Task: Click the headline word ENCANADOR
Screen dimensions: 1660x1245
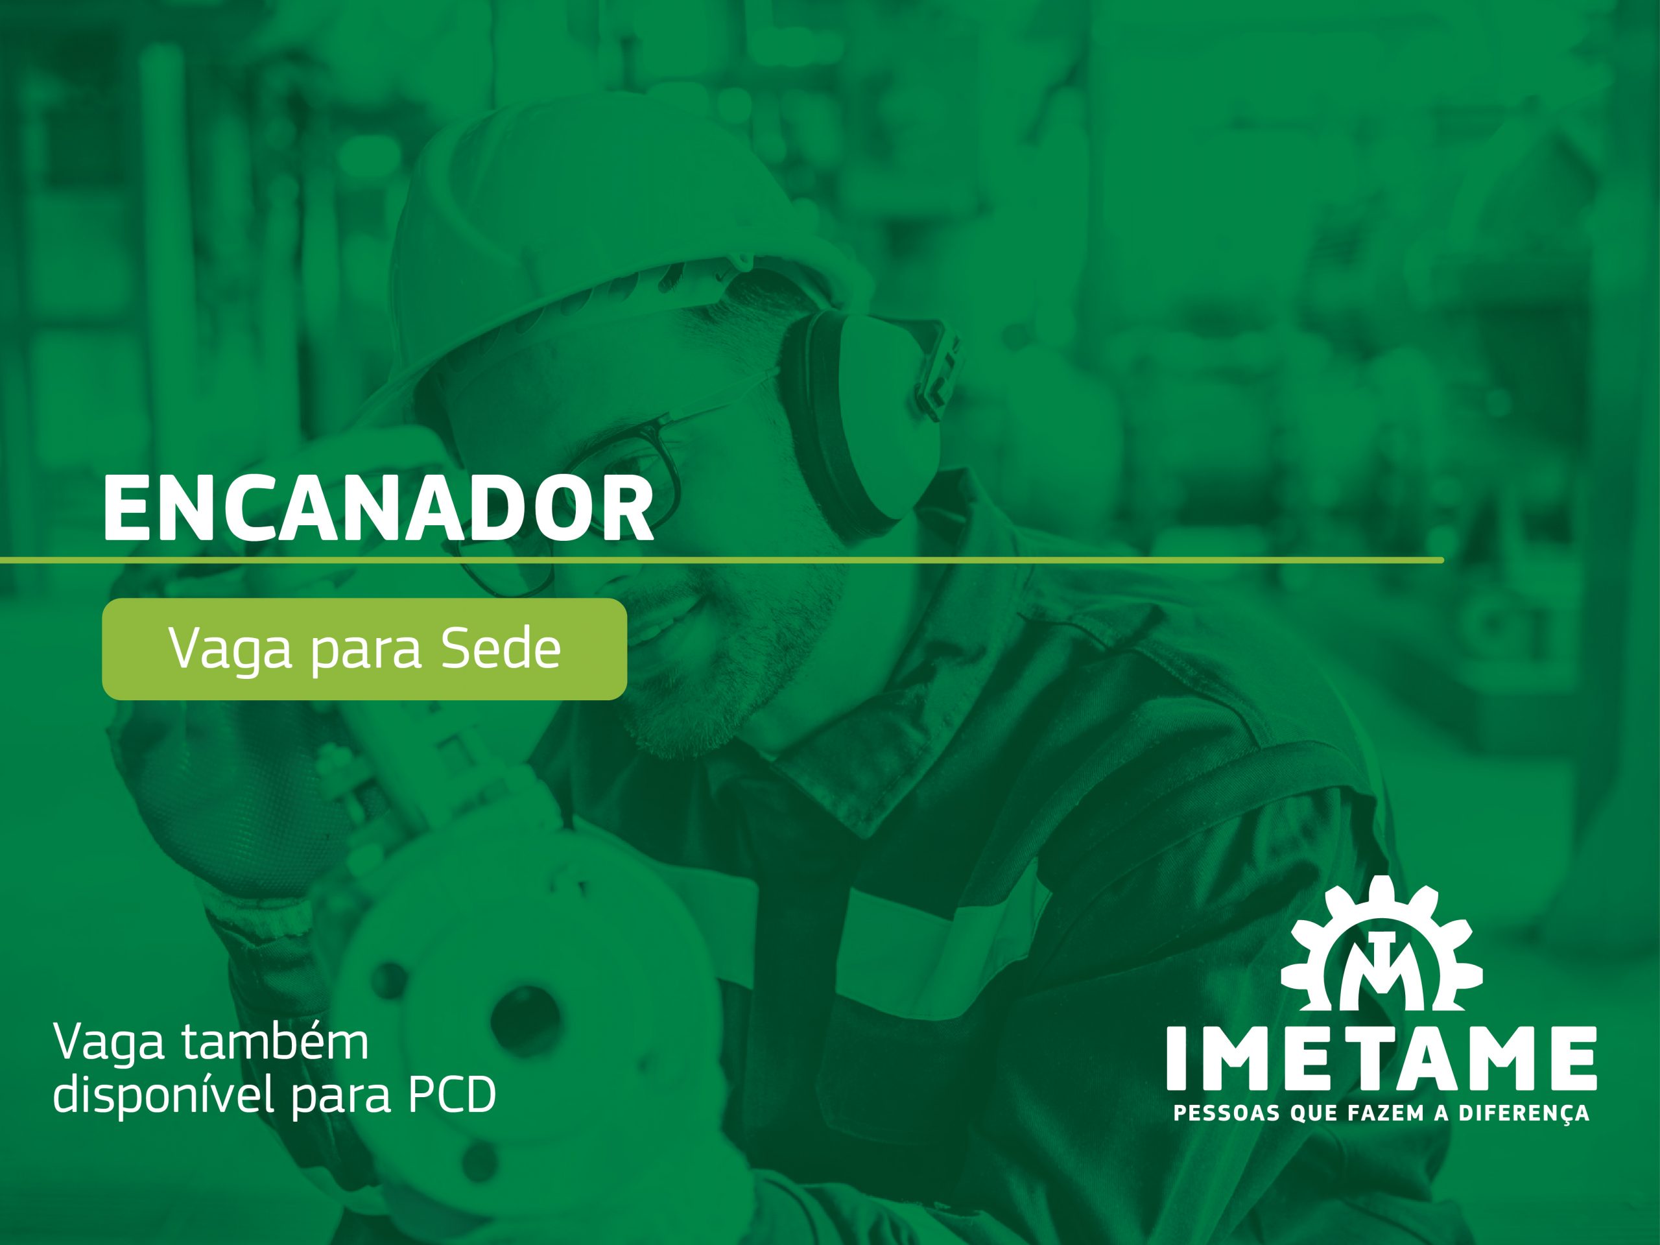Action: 378,508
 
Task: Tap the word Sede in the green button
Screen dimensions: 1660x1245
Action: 501,648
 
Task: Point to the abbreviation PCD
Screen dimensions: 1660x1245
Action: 452,1095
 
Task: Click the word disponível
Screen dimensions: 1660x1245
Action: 164,1095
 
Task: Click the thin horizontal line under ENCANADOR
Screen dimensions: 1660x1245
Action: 722,560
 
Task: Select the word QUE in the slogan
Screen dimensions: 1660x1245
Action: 1314,1113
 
